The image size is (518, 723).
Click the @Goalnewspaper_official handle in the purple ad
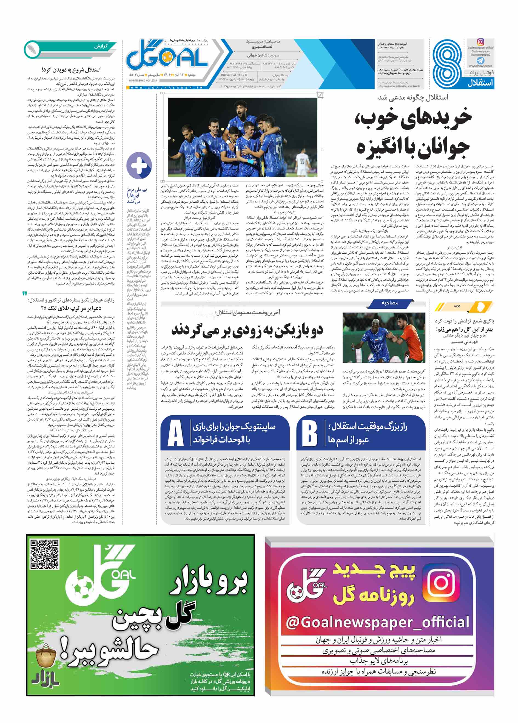point(377,622)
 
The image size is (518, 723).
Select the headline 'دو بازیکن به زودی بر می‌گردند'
point(247,330)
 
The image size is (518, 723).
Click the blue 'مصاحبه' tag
point(390,303)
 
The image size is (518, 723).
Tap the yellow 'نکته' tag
point(457,306)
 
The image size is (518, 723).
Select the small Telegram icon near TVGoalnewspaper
point(480,60)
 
